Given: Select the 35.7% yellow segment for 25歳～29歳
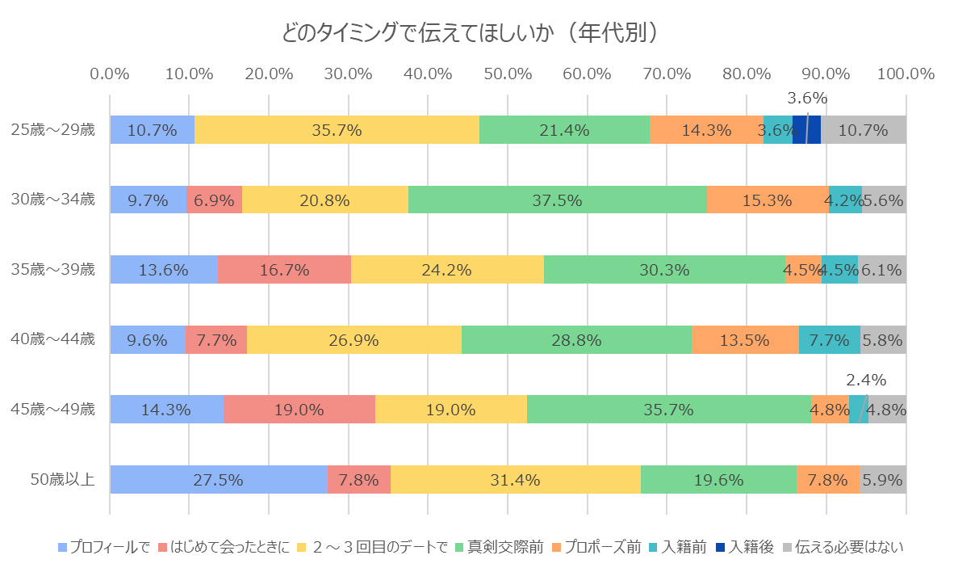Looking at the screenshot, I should point(337,129).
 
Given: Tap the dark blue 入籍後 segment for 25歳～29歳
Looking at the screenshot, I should point(806,129).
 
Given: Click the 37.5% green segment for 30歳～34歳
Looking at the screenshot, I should point(557,200).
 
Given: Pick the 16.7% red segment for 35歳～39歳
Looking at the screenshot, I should point(284,270).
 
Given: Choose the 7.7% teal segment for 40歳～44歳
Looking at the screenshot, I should point(829,340).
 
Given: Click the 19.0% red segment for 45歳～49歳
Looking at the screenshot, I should point(299,410).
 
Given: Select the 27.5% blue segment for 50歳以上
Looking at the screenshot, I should point(219,480).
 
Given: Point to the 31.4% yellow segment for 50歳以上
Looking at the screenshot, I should point(515,480).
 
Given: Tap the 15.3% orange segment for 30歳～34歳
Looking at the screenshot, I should point(767,200).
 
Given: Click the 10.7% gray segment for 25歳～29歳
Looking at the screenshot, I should point(864,129).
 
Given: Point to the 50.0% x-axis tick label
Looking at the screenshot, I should point(507,74).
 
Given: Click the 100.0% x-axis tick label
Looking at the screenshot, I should point(905,74).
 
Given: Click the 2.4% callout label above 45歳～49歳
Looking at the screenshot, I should point(866,379).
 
